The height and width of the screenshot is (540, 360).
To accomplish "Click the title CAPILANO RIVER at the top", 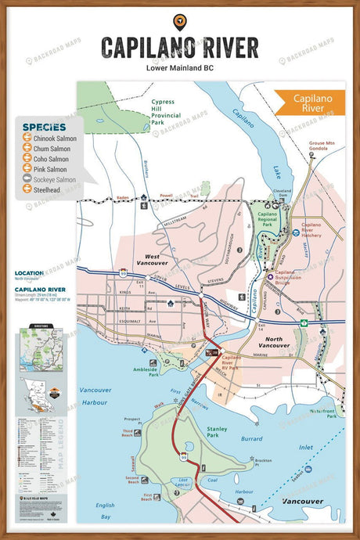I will (x=179, y=48).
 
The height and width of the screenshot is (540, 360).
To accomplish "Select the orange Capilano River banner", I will (x=309, y=104).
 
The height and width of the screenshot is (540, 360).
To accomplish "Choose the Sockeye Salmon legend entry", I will (x=52, y=178).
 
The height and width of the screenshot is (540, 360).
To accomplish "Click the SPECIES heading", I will (x=44, y=125).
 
